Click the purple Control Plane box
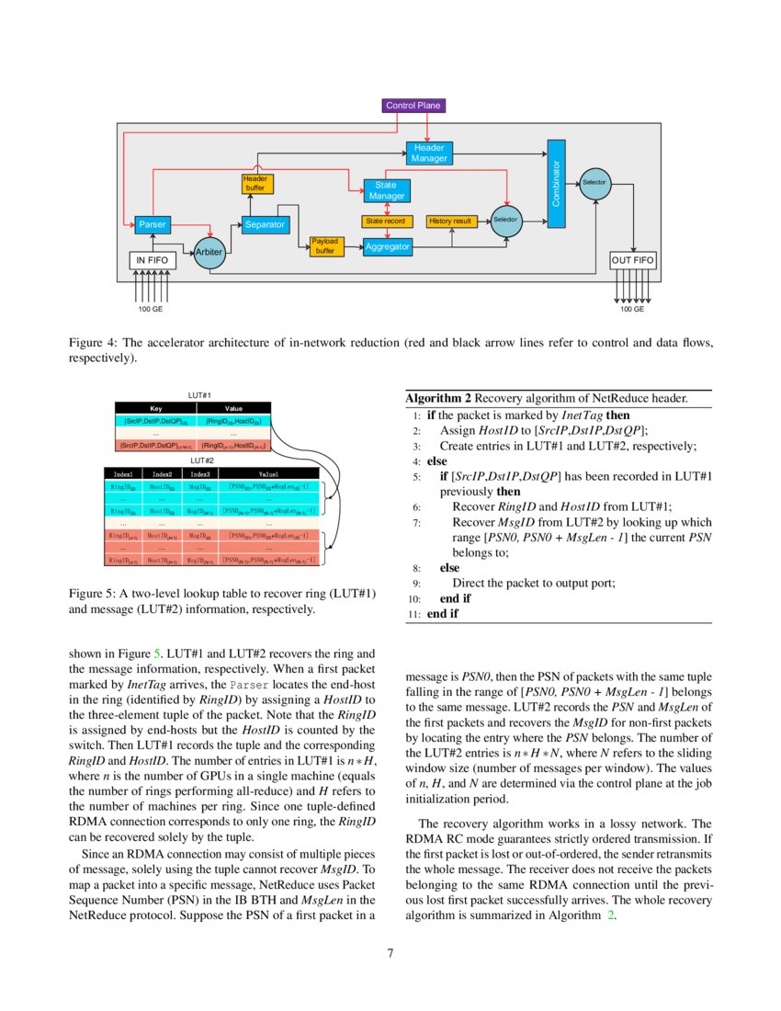click(x=413, y=106)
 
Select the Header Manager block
click(x=429, y=153)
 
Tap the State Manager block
click(x=386, y=190)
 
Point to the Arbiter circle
click(x=209, y=251)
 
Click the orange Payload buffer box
click(x=324, y=245)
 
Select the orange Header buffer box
click(x=255, y=183)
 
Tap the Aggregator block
click(x=387, y=246)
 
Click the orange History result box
click(x=450, y=222)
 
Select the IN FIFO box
click(x=152, y=261)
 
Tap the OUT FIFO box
click(x=633, y=261)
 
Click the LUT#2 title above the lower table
click(x=201, y=460)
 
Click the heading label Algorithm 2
click(x=438, y=399)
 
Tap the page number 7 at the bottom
click(x=390, y=953)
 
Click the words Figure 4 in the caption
click(x=90, y=342)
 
